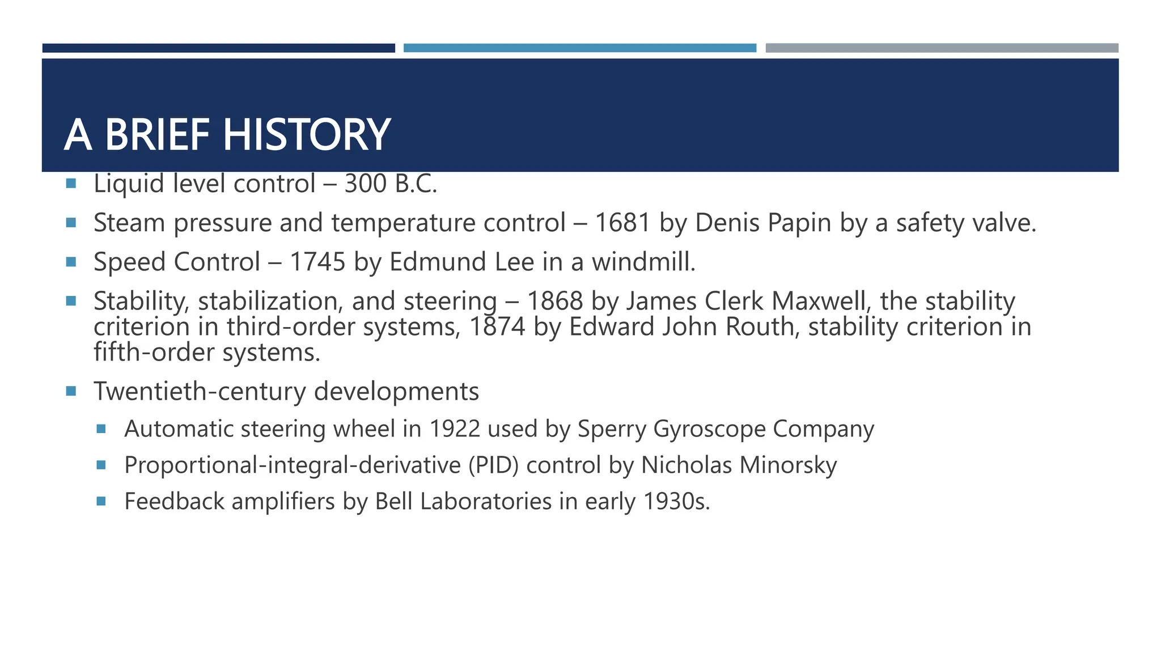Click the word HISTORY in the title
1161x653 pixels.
(306, 135)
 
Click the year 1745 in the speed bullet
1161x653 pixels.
(317, 262)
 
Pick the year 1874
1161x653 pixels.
(497, 327)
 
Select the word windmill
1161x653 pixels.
(643, 262)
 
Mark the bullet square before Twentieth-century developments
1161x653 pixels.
(71, 391)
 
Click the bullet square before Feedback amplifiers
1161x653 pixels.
(101, 501)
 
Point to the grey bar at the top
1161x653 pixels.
(942, 48)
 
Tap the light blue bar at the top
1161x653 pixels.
(579, 48)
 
